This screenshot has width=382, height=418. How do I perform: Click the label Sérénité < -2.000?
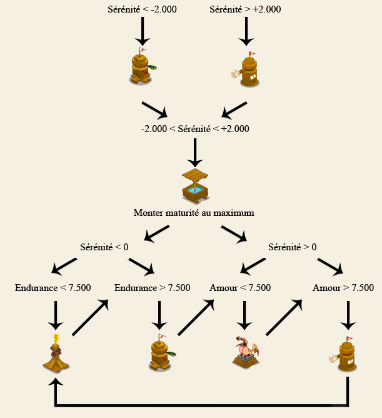[143, 9]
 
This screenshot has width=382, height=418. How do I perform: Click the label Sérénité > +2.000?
[245, 9]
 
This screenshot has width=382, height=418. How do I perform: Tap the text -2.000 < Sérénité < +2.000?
[195, 129]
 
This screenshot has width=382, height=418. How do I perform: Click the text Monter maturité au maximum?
[194, 213]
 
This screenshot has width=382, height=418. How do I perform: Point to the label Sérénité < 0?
[104, 247]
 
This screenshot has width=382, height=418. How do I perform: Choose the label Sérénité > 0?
[292, 247]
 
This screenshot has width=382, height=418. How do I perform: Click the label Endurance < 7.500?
[53, 288]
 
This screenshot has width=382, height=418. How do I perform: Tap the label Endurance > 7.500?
[153, 288]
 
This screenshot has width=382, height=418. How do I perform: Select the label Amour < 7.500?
[240, 288]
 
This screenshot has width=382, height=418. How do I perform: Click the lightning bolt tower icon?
[56, 354]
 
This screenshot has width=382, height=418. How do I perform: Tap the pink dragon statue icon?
[246, 352]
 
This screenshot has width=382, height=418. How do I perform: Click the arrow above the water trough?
[195, 151]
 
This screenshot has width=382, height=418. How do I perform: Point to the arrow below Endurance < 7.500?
[56, 315]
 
